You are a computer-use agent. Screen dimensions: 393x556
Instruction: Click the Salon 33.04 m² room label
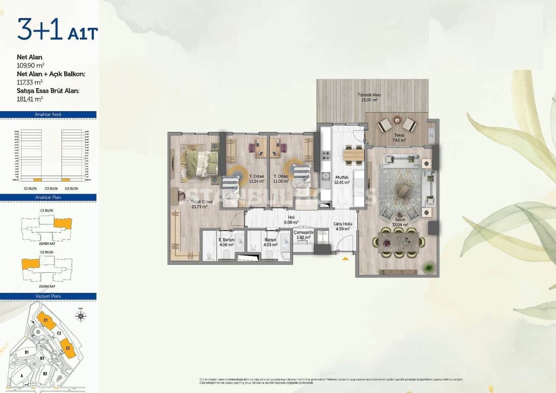400,222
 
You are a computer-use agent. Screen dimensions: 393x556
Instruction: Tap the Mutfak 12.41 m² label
342,180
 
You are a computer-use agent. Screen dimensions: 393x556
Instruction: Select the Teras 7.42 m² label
399,138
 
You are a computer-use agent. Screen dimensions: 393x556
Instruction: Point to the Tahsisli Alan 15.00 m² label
369,97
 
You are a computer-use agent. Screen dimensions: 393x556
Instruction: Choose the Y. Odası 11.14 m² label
257,178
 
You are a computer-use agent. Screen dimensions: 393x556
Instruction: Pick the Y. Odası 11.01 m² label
281,178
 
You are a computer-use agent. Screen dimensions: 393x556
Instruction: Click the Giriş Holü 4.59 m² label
343,227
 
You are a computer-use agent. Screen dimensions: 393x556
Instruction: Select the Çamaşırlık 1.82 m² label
303,235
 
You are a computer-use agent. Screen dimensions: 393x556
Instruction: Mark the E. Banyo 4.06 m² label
226,242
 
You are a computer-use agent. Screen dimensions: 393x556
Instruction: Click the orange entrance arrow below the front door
345,259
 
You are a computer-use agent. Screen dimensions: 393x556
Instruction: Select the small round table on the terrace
397,119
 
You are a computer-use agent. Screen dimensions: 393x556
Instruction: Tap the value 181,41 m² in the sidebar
30,99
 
